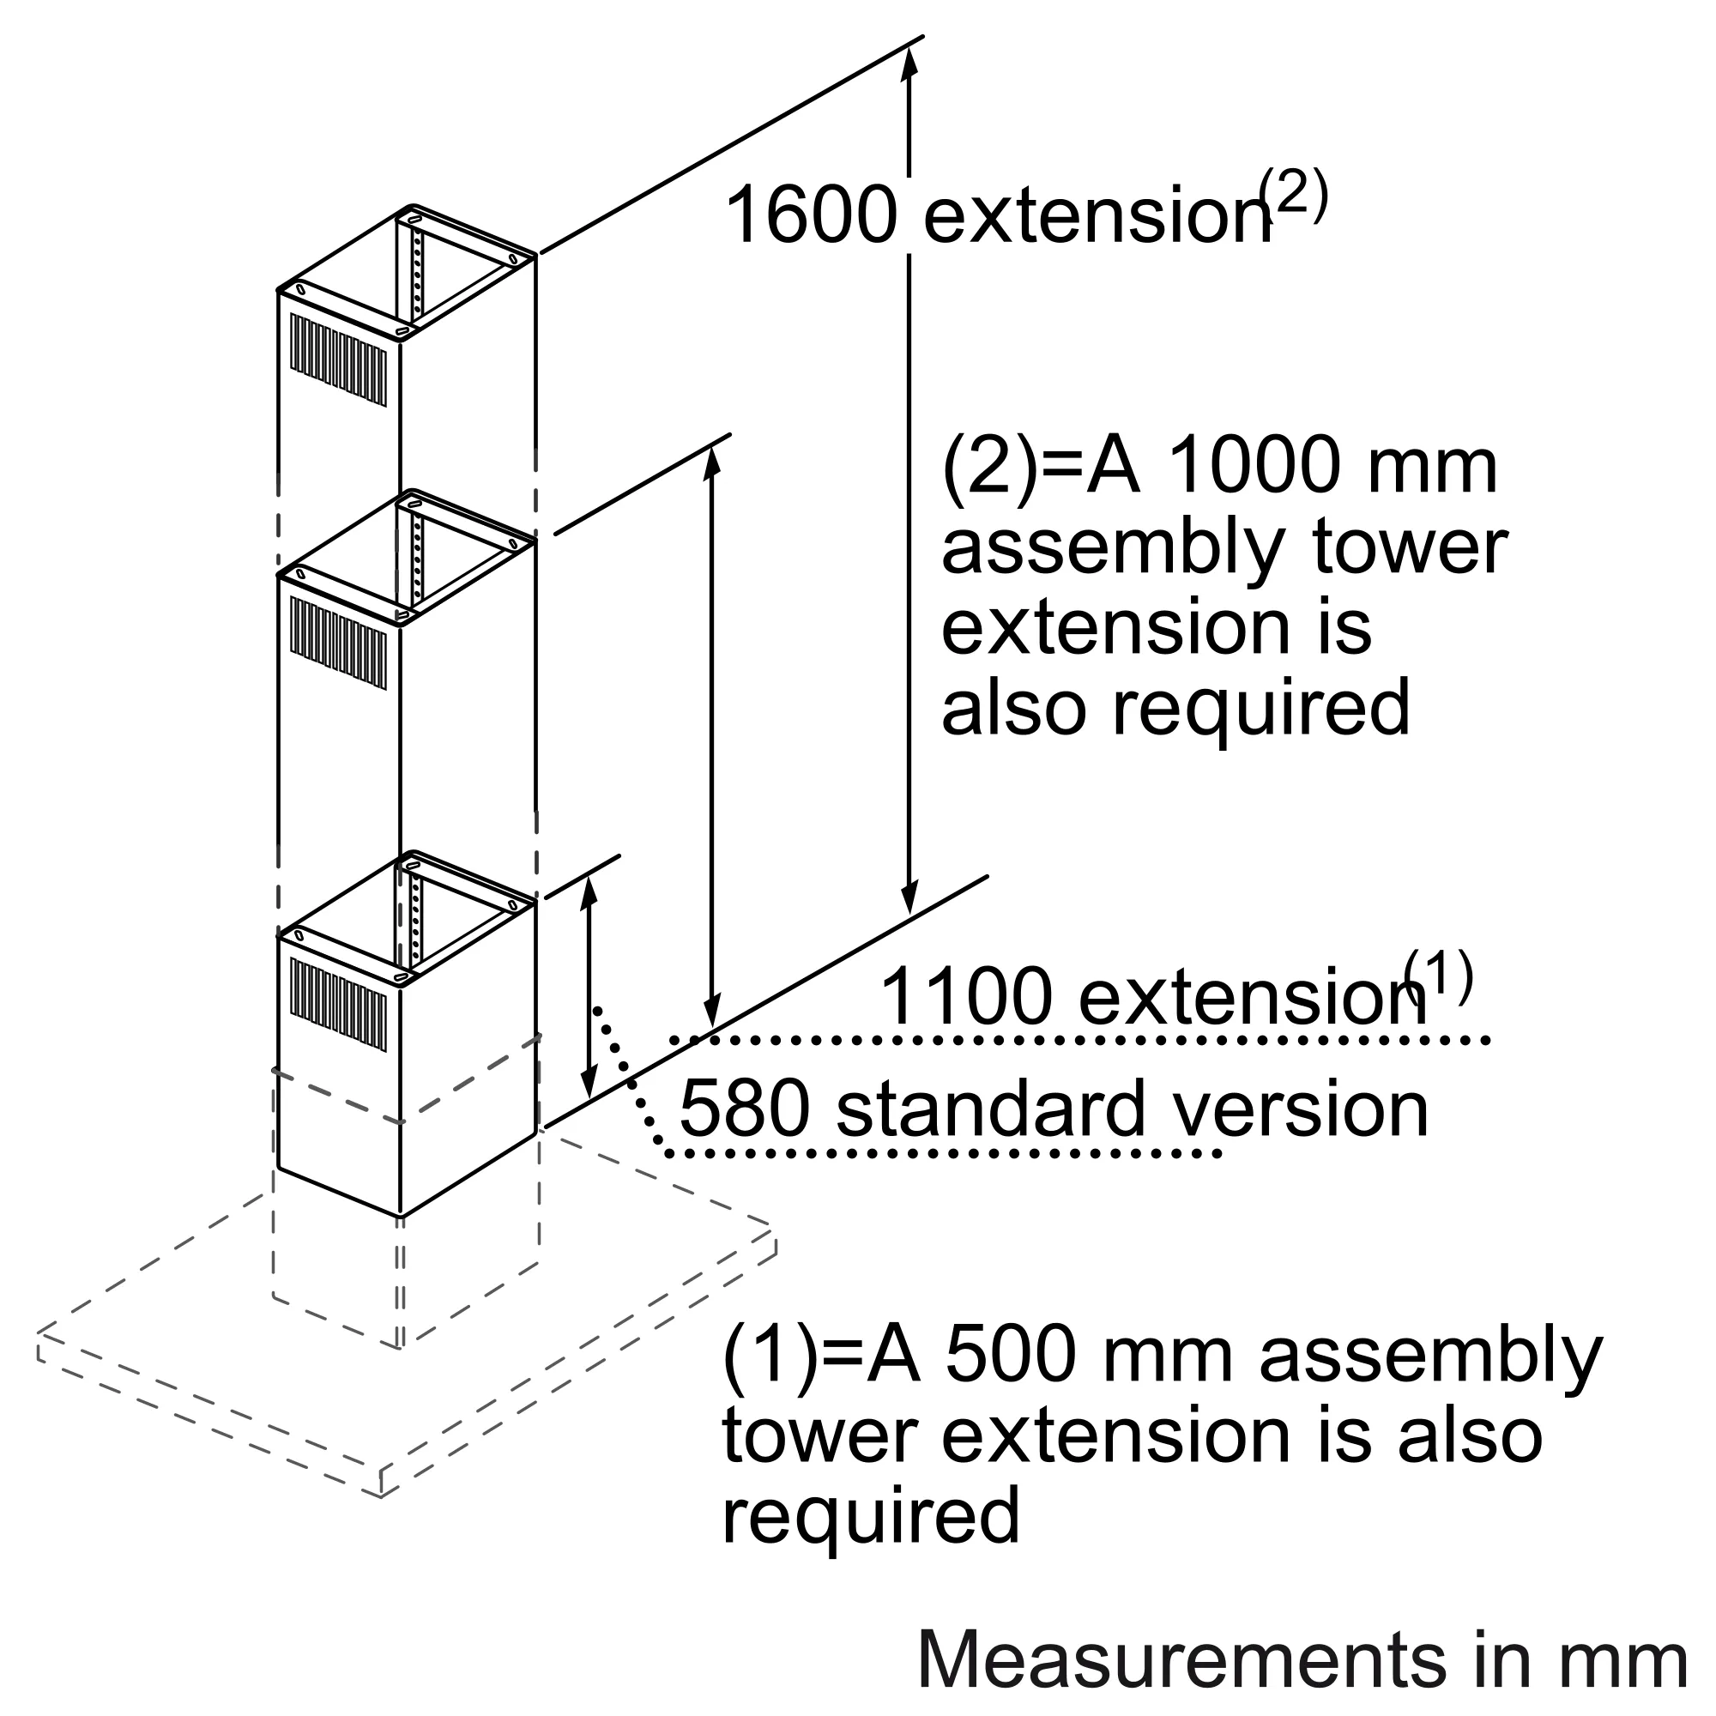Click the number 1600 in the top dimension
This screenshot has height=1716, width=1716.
(x=811, y=216)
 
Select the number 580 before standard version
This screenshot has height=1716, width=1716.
(x=744, y=1109)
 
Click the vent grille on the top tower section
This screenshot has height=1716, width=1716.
(x=338, y=360)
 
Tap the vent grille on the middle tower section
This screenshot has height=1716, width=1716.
(x=338, y=643)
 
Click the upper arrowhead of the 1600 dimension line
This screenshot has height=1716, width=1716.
(x=909, y=57)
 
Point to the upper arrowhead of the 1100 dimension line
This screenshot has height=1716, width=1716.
(x=710, y=462)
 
